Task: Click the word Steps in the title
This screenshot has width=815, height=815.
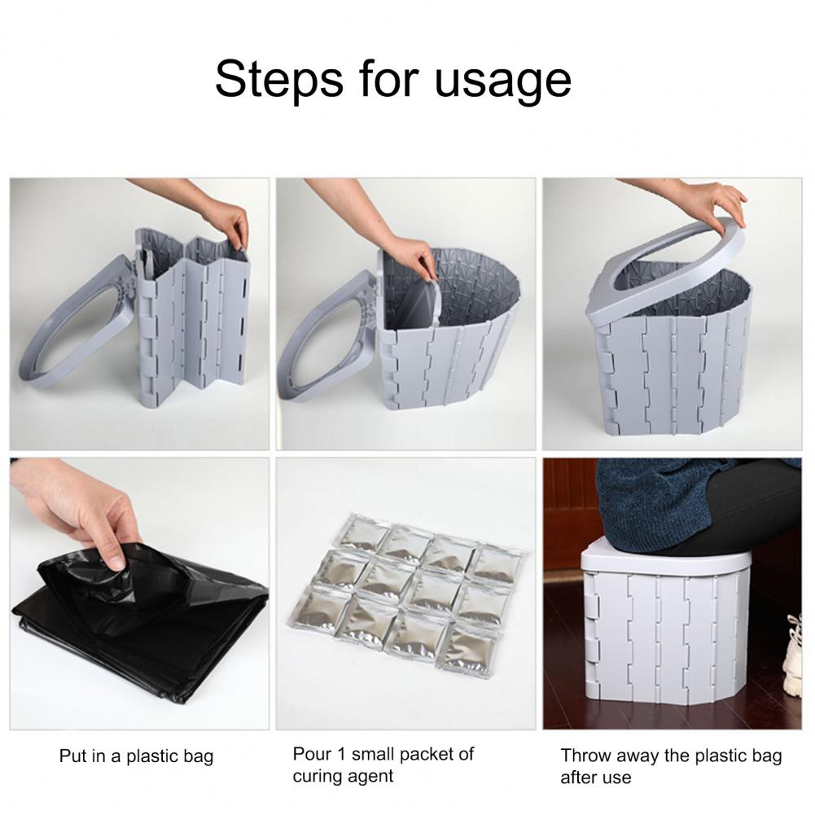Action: coord(279,78)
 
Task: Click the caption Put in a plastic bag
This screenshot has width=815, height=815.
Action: coord(136,756)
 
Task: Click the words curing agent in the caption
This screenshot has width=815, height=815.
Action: coord(343,776)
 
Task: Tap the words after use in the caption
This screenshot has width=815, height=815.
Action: coord(596,777)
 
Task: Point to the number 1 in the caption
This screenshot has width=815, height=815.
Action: coord(340,754)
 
